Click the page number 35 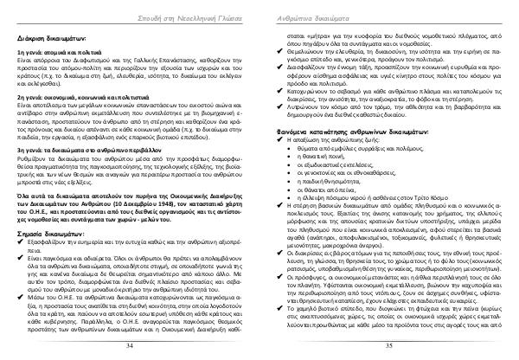388,344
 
